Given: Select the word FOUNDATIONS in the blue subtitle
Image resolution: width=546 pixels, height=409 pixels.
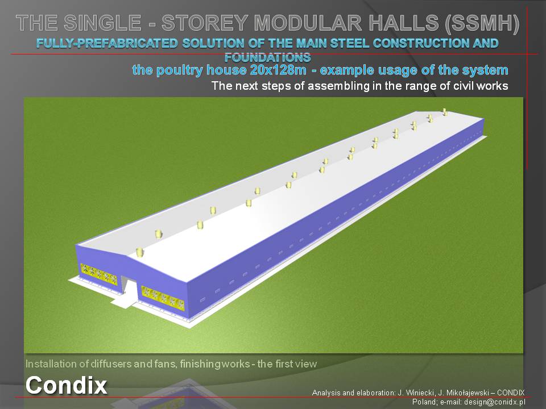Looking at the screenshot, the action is click(267, 57).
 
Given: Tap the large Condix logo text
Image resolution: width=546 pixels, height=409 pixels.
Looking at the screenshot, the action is click(66, 385).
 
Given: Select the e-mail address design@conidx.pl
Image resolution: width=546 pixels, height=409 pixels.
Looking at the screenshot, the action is click(494, 402).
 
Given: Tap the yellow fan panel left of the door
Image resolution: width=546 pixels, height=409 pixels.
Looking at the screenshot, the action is click(99, 274).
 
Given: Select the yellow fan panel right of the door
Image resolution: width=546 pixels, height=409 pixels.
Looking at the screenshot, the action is click(163, 298).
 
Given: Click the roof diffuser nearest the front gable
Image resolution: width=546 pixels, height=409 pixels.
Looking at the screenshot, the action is click(140, 252).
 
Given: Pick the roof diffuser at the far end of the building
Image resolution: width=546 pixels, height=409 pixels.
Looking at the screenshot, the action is click(445, 112).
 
